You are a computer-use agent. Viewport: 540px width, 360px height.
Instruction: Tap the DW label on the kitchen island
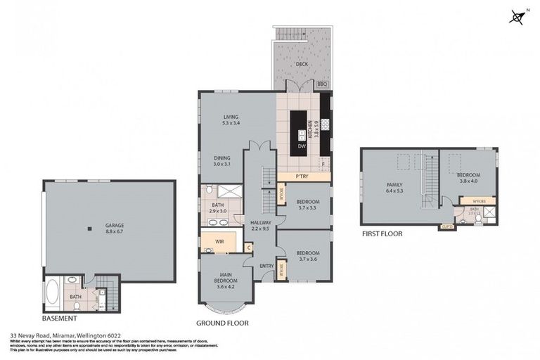pyautogui.click(x=301, y=146)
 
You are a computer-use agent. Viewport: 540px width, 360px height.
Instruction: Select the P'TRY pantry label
pyautogui.click(x=303, y=176)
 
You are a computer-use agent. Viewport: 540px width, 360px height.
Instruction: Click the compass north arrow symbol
pyautogui.click(x=517, y=17)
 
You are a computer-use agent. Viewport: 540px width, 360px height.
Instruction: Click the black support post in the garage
pyautogui.click(x=89, y=227)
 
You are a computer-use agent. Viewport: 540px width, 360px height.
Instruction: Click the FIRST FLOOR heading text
pyautogui.click(x=382, y=233)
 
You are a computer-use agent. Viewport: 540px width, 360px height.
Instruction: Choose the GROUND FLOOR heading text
pyautogui.click(x=221, y=323)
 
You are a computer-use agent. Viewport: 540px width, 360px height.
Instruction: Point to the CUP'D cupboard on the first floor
pyautogui.click(x=446, y=226)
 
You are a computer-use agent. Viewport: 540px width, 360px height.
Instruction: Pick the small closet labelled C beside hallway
pyautogui.click(x=249, y=247)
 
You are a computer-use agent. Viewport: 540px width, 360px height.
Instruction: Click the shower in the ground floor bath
pyautogui.click(x=226, y=191)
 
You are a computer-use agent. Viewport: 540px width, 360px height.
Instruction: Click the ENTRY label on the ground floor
pyautogui.click(x=266, y=266)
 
